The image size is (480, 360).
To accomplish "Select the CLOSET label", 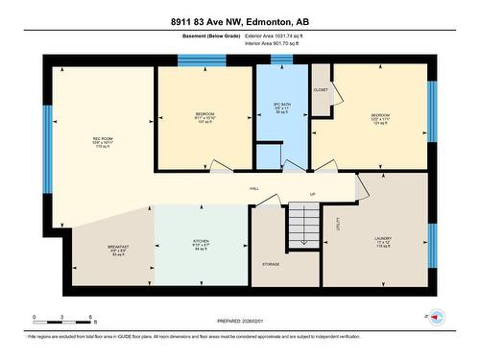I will pyautogui.click(x=321, y=89).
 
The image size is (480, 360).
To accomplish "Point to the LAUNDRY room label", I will pyautogui.click(x=383, y=238).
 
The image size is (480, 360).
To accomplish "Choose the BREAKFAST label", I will pyautogui.click(x=118, y=248).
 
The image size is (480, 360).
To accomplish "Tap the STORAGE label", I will pyautogui.click(x=271, y=264).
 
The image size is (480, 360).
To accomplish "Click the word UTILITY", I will pyautogui.click(x=338, y=223).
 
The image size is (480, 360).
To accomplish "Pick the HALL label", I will pyautogui.click(x=253, y=189).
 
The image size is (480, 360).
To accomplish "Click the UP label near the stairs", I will pyautogui.click(x=312, y=195).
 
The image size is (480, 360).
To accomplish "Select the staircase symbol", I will pyautogui.click(x=304, y=228).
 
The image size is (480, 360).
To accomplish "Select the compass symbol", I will pyautogui.click(x=436, y=316).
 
